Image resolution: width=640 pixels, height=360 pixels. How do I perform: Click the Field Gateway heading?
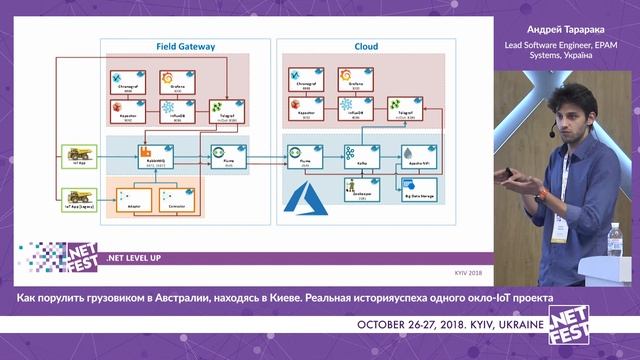[x=179, y=46]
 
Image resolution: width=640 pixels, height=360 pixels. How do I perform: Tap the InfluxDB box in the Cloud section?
[x=351, y=109]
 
